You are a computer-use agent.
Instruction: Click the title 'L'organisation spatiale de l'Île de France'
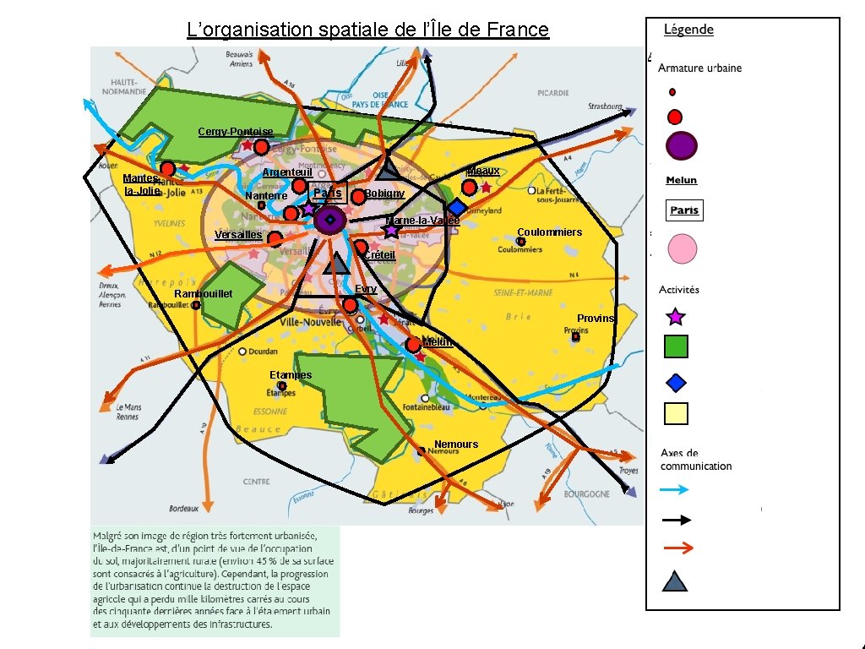[367, 30]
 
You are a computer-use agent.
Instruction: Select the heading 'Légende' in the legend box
[688, 30]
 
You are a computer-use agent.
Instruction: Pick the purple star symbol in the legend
[675, 317]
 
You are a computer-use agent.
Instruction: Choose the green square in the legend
[676, 346]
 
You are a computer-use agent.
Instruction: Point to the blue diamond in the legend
[676, 383]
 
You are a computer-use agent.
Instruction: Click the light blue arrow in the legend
[675, 489]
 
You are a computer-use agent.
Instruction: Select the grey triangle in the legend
[675, 581]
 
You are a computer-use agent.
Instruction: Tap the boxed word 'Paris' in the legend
[683, 210]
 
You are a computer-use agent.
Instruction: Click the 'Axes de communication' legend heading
[696, 460]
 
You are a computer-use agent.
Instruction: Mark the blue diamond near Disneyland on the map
[457, 207]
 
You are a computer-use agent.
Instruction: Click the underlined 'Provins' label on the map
[596, 318]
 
